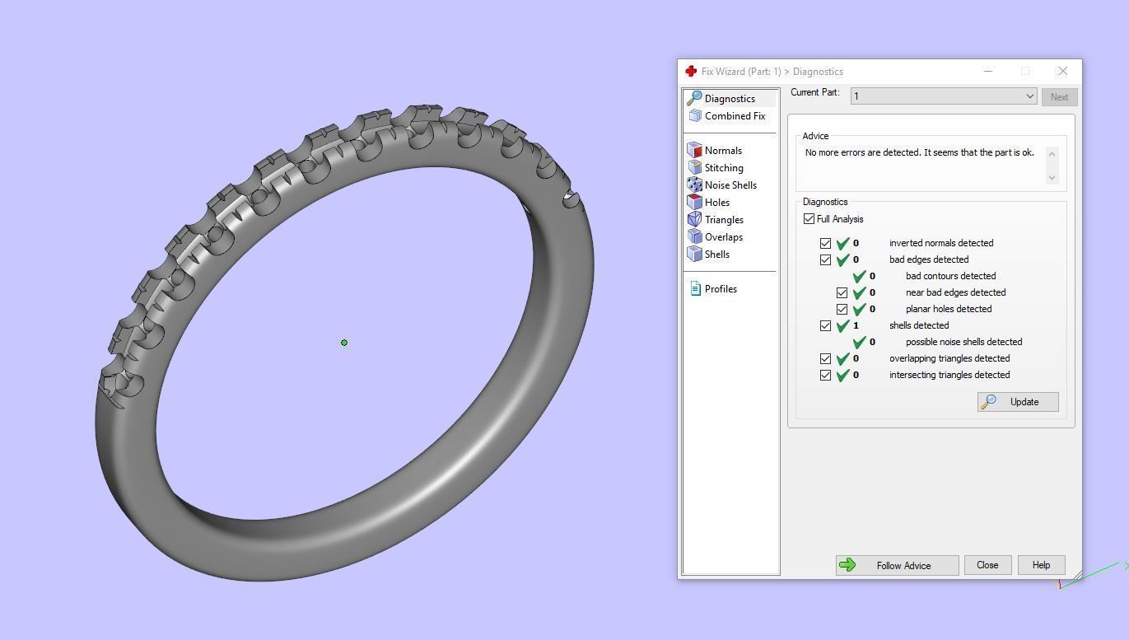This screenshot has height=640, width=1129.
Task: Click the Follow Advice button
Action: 897,565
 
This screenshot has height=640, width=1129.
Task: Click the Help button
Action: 1041,565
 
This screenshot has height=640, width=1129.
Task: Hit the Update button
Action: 1018,402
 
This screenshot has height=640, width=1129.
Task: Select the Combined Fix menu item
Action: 735,116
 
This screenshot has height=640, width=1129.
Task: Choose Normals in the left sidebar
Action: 723,151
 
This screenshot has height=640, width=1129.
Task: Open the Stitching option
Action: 724,168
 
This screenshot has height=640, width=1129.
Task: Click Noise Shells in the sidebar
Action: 730,185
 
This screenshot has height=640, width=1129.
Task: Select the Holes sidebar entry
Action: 716,203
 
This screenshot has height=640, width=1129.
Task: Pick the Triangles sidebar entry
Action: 724,220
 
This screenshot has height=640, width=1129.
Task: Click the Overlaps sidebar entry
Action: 723,237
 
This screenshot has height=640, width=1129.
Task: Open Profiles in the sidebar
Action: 721,289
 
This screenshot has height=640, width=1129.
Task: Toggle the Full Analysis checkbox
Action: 809,219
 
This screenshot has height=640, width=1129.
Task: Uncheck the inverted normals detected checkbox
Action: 826,244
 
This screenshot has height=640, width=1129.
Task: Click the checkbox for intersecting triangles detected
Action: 826,376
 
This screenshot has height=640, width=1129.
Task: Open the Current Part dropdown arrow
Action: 1029,96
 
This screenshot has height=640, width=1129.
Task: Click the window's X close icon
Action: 1062,72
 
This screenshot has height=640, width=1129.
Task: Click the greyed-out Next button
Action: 1059,97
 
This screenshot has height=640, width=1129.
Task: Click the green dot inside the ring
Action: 344,343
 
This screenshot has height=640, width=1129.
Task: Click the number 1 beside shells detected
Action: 856,325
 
